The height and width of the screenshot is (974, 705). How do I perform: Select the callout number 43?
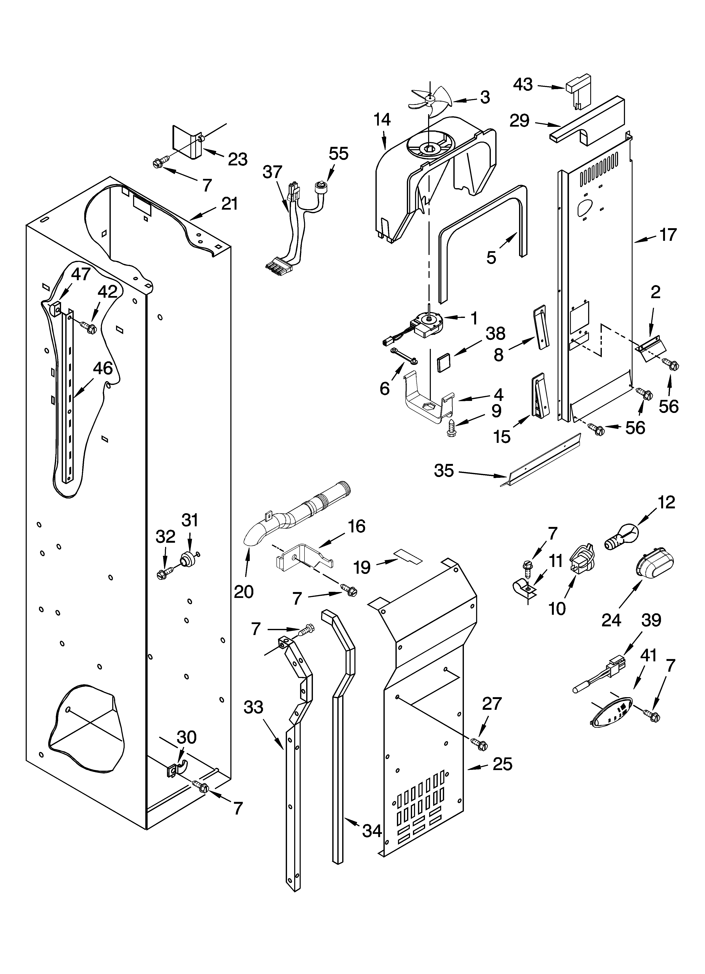click(523, 85)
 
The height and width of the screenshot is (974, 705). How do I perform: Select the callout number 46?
click(103, 368)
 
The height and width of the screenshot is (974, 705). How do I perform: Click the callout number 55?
click(339, 153)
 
